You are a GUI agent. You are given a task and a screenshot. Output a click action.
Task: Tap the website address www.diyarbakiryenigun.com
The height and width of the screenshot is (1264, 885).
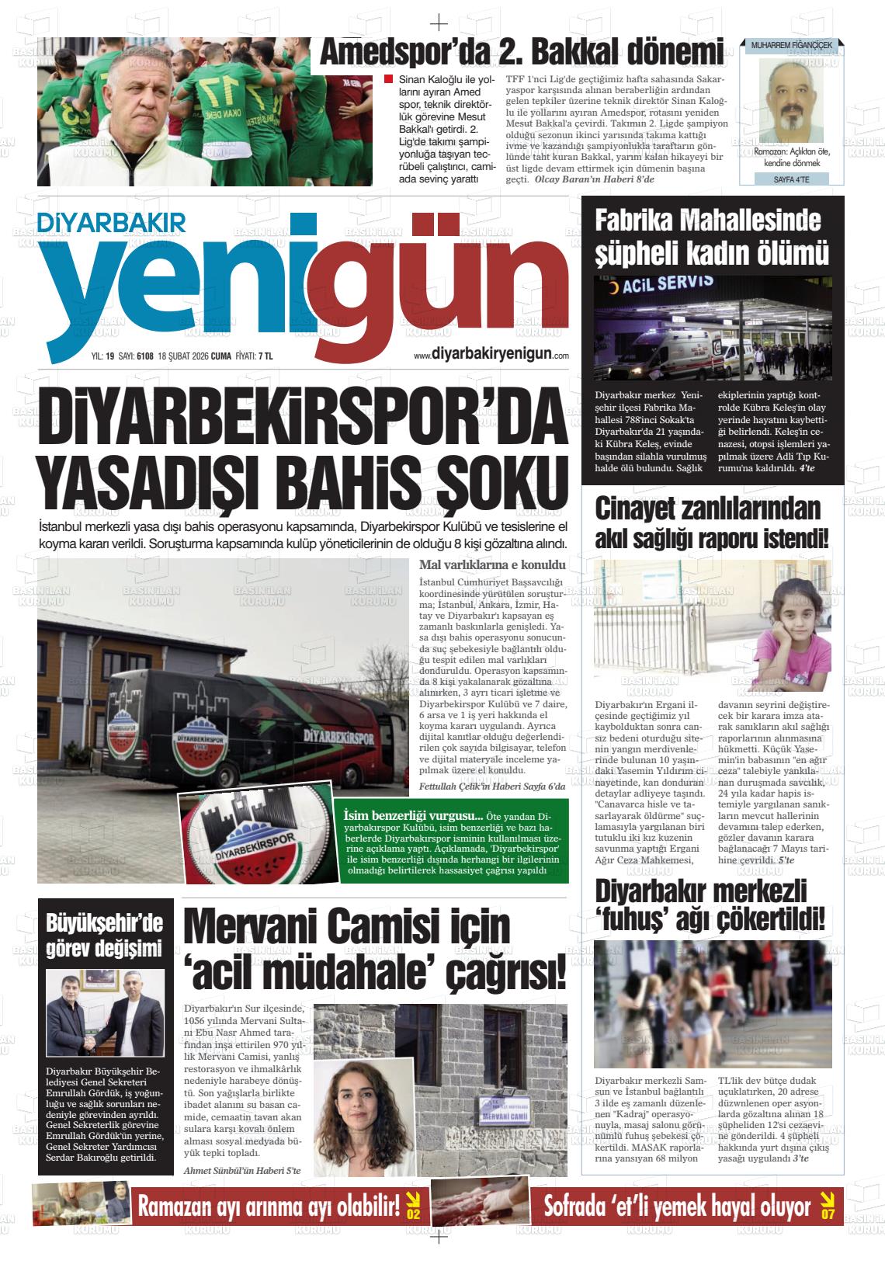point(491,354)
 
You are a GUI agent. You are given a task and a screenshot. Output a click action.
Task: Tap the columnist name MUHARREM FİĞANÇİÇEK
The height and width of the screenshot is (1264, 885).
point(791,47)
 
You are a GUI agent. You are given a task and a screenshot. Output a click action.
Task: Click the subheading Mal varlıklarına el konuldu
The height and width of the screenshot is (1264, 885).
point(489,564)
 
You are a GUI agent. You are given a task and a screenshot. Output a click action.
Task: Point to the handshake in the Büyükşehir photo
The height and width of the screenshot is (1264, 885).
point(88,1041)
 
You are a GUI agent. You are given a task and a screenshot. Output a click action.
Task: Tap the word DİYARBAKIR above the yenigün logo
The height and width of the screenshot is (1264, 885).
point(101,223)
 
